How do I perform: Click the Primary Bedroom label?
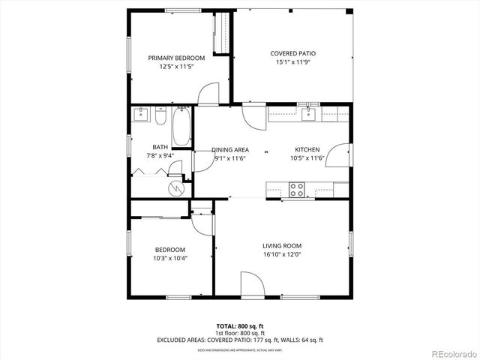click(x=176, y=58)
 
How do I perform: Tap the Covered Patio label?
click(x=292, y=54)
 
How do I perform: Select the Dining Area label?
click(x=230, y=150)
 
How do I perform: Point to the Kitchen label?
click(x=307, y=150)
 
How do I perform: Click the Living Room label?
click(x=282, y=246)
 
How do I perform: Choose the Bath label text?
click(x=160, y=147)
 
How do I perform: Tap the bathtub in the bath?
click(x=181, y=127)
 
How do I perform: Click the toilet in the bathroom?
click(x=160, y=117)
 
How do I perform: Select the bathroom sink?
click(x=140, y=115)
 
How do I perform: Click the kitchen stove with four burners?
click(x=297, y=190)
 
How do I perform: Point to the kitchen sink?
click(x=307, y=114)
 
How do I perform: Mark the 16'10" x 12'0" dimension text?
click(x=282, y=254)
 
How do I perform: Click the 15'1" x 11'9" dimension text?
click(x=292, y=62)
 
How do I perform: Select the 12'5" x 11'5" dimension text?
click(x=176, y=66)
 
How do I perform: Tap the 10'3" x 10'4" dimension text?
click(x=170, y=258)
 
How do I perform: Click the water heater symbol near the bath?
click(x=175, y=187)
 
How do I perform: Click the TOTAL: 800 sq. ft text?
click(x=240, y=326)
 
